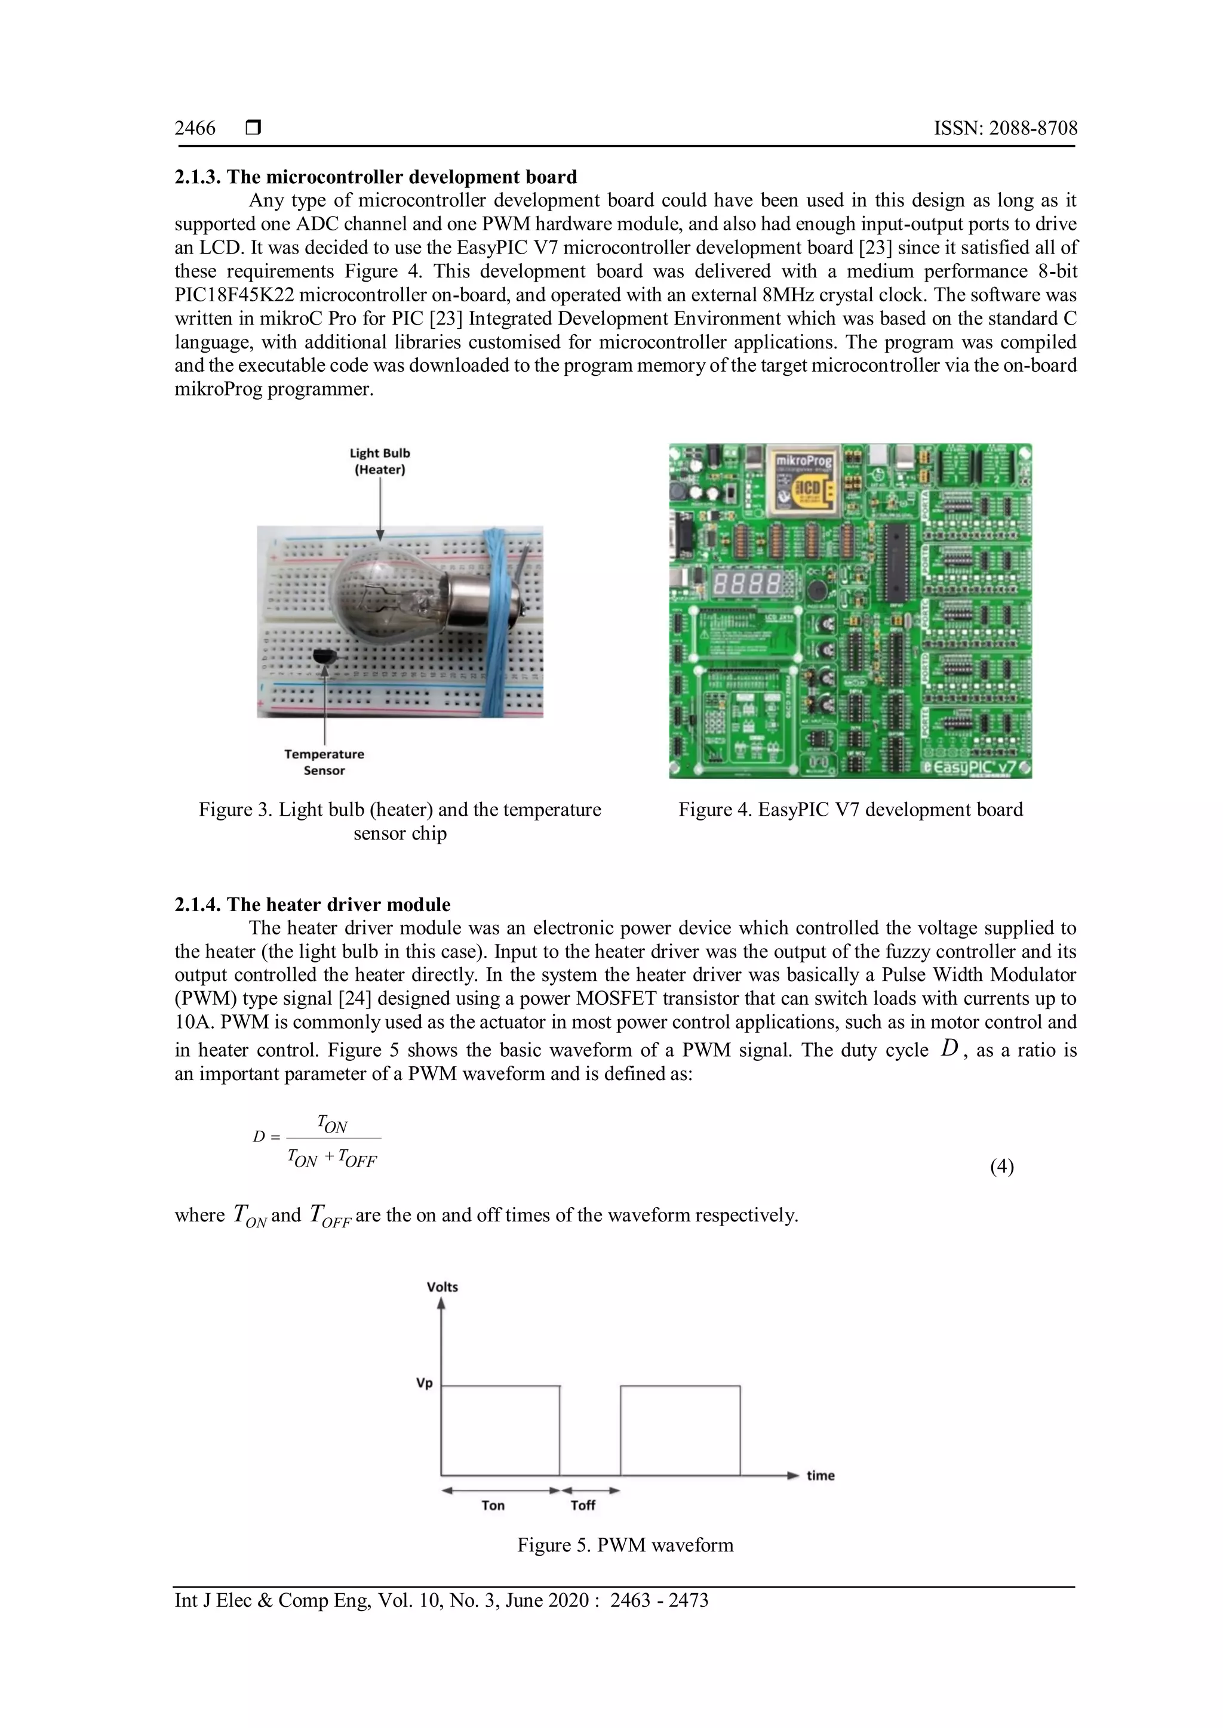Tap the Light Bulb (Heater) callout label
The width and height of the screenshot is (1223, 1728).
[x=380, y=461]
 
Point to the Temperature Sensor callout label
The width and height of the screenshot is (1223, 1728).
[x=324, y=761]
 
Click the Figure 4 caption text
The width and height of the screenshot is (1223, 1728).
[x=850, y=810]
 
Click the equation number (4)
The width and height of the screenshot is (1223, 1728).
[x=1001, y=1167]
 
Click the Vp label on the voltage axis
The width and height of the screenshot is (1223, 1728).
[x=425, y=1383]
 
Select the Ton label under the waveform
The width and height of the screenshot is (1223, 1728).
[x=493, y=1505]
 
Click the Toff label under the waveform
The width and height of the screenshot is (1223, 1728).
[x=583, y=1505]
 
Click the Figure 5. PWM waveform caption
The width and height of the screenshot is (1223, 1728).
[x=625, y=1545]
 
